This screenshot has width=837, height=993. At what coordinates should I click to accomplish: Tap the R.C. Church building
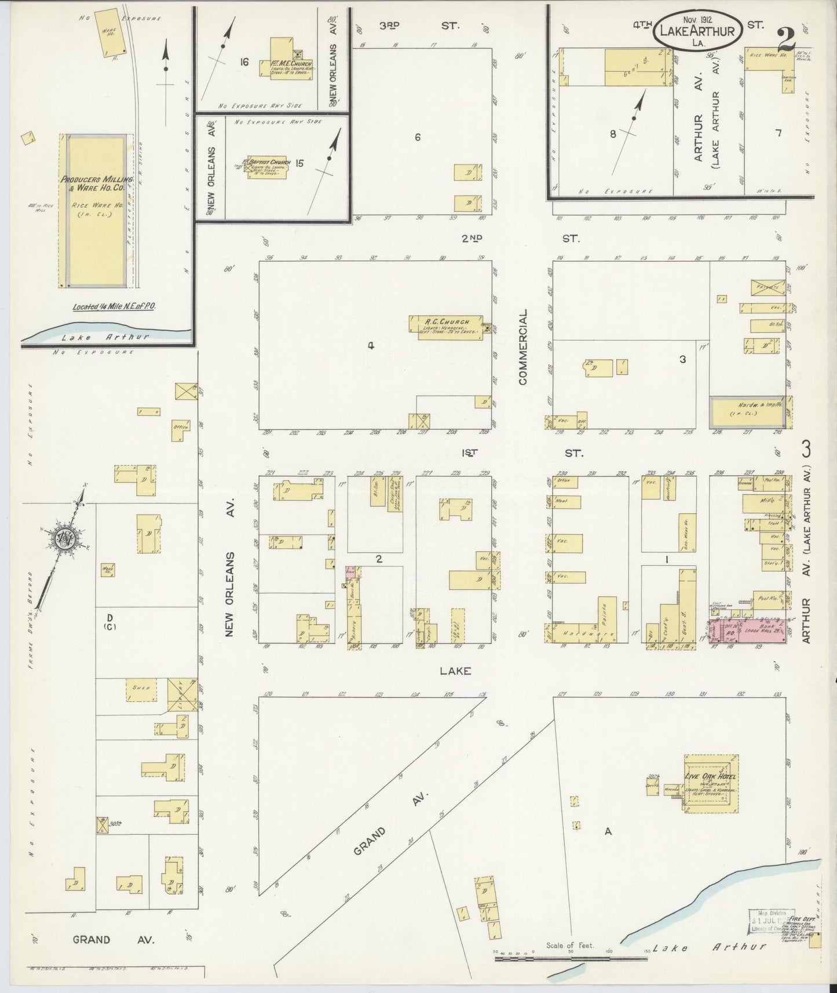tap(447, 327)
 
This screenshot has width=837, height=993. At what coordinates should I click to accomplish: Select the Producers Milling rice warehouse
tap(96, 211)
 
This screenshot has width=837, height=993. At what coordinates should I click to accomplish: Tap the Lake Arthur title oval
tap(697, 30)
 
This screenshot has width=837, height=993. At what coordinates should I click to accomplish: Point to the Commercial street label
tap(523, 347)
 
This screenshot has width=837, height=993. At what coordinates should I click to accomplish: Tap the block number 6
tap(417, 137)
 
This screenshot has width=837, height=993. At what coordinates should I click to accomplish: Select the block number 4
tap(371, 346)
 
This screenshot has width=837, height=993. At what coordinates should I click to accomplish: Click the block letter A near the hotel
tap(608, 831)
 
